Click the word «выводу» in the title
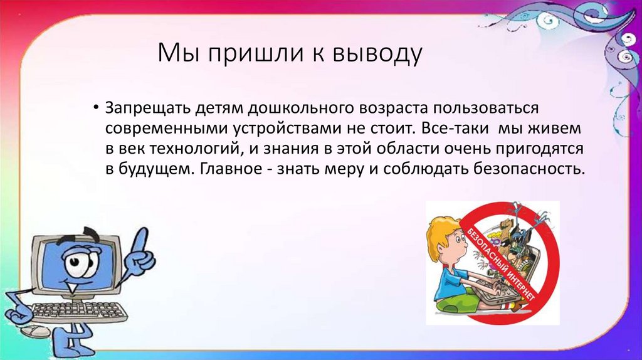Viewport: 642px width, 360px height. pos(377,54)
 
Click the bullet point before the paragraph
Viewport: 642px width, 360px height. pos(96,108)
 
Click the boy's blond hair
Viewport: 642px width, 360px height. pos(440,232)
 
